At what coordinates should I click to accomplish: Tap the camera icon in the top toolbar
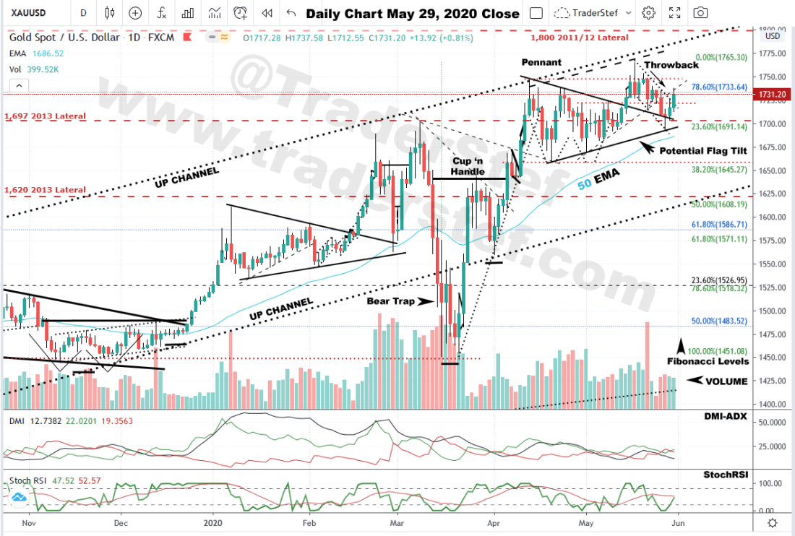[x=700, y=13]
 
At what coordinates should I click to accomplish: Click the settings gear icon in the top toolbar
[x=648, y=13]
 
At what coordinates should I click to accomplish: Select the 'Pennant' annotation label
[x=541, y=63]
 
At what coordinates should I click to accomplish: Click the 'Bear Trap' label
[x=391, y=301]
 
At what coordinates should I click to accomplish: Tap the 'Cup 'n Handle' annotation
[x=468, y=167]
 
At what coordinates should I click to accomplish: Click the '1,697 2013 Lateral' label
[x=45, y=116]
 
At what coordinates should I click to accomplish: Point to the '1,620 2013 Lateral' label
[x=45, y=190]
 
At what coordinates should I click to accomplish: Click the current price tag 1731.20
[x=773, y=94]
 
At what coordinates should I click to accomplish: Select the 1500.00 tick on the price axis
[x=772, y=311]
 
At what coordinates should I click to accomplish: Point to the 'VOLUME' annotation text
[x=726, y=381]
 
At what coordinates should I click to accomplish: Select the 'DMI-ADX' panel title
[x=725, y=417]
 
